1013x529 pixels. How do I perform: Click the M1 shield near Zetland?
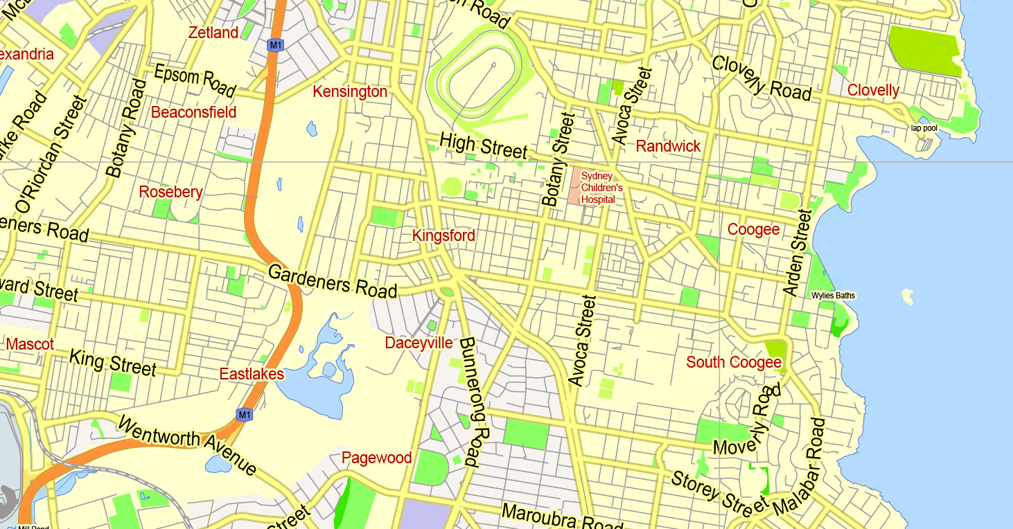point(276,45)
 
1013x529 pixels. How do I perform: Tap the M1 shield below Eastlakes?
point(243,415)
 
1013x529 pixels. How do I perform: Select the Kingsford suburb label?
point(443,235)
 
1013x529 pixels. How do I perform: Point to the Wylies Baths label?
point(834,296)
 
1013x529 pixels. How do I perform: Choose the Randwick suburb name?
point(668,146)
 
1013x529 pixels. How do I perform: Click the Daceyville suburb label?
point(419,343)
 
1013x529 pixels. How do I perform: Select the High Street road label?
point(484,146)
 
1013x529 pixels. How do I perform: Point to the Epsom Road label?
point(195,80)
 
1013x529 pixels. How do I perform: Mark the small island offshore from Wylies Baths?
point(906,297)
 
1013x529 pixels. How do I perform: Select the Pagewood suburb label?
point(376,458)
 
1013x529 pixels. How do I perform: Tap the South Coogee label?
point(734,362)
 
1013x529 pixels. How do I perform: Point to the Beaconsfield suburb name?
point(193,112)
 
